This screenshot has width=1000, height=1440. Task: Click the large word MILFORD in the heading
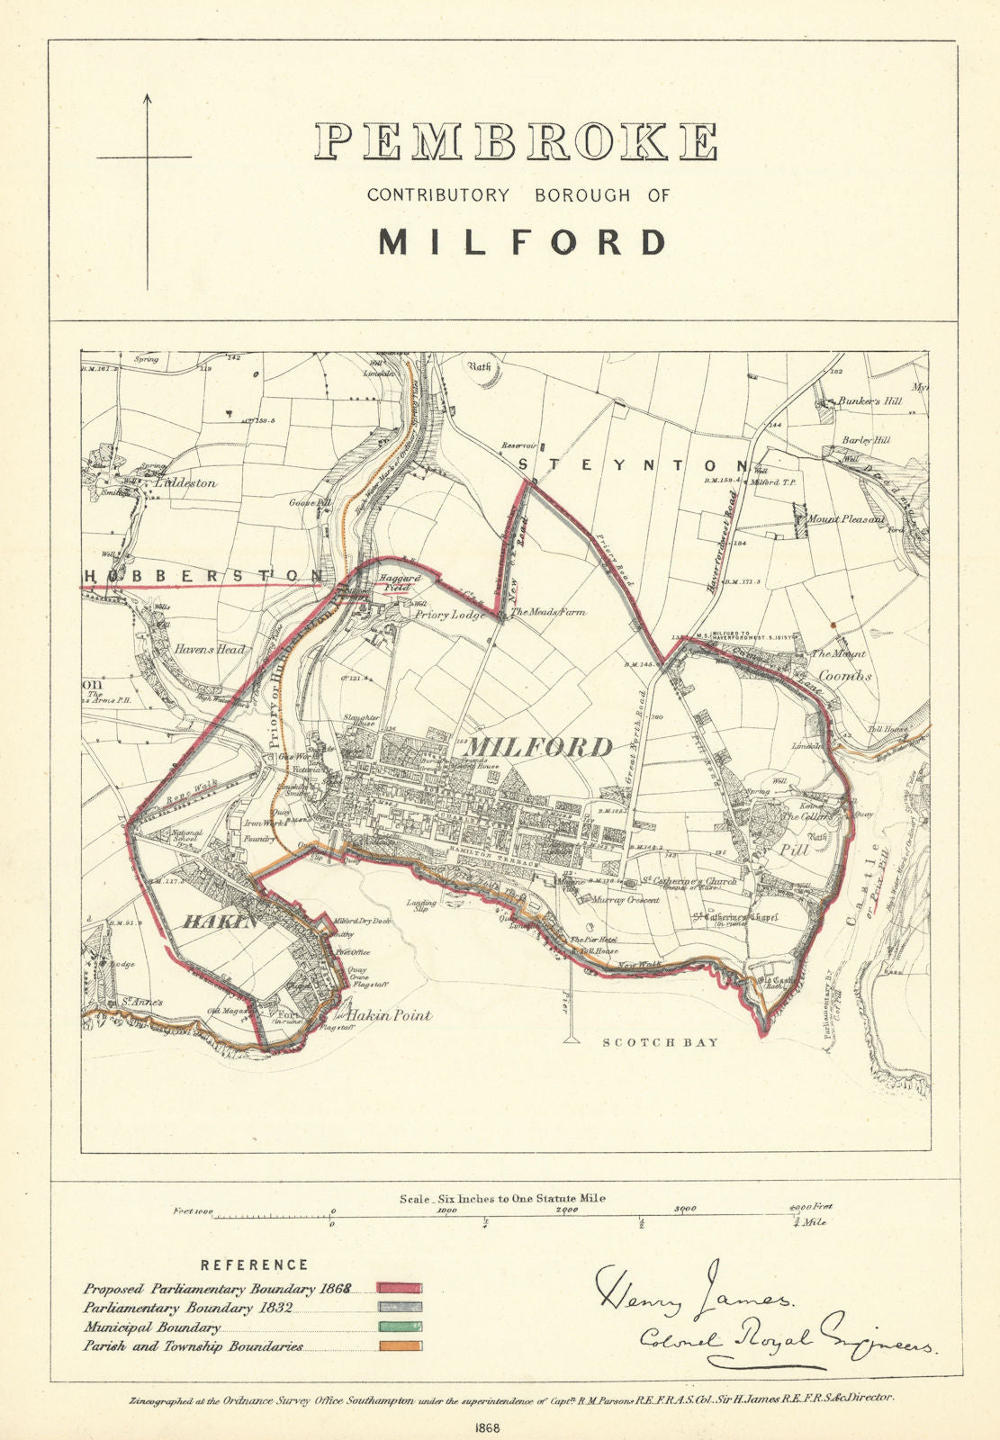523,241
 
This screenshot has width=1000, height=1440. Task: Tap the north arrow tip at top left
148,95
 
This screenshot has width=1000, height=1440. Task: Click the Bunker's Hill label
869,401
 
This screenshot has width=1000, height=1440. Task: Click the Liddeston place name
186,482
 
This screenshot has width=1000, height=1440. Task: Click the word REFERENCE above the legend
254,1264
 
